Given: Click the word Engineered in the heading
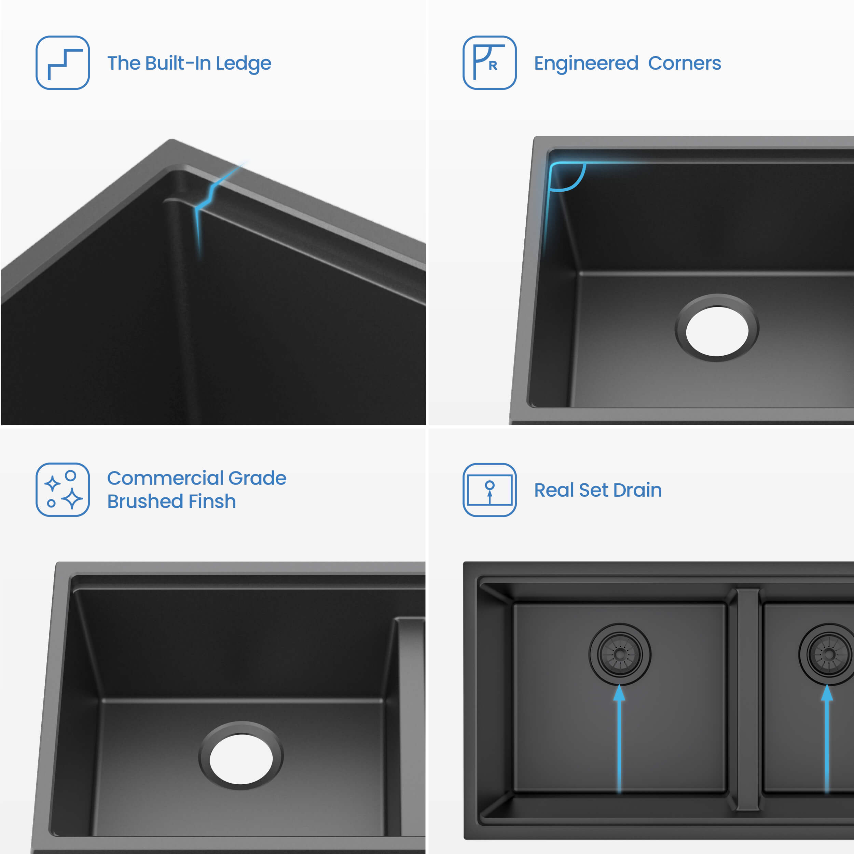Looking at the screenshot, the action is (x=586, y=64).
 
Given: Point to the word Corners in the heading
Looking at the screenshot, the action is (x=684, y=63).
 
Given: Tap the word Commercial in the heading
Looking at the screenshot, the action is (x=165, y=478).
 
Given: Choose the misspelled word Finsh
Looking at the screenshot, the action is (x=212, y=501).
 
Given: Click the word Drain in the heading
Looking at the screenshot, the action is (x=637, y=490).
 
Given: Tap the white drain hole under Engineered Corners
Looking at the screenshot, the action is (x=717, y=331).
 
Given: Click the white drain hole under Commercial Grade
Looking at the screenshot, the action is (x=241, y=759).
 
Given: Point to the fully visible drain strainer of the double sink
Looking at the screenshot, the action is (x=620, y=654).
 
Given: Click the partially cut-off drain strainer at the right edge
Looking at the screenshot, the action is (x=827, y=654).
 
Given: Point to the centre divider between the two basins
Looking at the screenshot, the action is (x=747, y=699).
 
